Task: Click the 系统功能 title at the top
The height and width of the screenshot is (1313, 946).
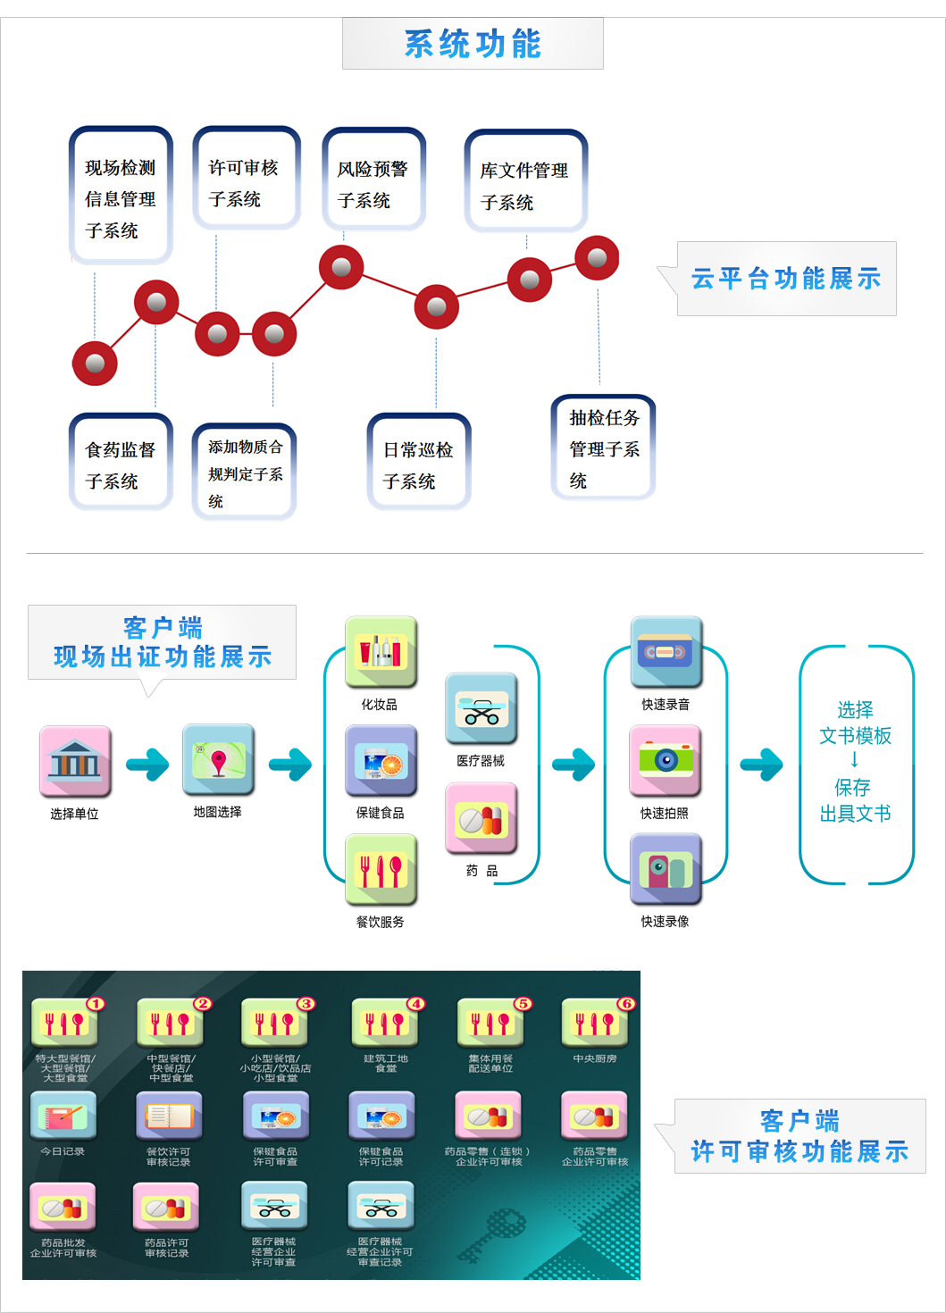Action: [473, 44]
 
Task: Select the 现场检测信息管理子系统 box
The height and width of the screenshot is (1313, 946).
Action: [121, 197]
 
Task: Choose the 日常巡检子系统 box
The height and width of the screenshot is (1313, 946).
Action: [418, 463]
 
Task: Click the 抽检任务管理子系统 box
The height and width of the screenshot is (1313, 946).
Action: [604, 447]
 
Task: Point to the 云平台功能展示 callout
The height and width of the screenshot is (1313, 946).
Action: [786, 279]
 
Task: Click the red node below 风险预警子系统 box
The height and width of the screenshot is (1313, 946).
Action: [341, 267]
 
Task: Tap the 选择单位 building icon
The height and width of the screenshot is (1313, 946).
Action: [75, 761]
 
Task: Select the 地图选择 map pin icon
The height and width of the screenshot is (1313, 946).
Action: [218, 760]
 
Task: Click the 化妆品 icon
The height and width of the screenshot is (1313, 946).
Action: [381, 652]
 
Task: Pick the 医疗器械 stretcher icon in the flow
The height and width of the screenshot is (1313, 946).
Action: [481, 708]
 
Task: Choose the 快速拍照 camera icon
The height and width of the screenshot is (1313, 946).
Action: [666, 760]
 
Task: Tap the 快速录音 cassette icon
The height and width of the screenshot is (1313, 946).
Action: [666, 652]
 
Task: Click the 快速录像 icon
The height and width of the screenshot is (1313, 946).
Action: [666, 869]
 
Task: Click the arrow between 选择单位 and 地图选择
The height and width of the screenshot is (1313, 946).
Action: [147, 764]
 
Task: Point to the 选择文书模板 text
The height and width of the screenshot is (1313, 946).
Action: [855, 723]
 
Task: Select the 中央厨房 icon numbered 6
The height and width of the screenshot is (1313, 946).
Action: [594, 1024]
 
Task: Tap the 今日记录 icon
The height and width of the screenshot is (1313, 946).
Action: [63, 1116]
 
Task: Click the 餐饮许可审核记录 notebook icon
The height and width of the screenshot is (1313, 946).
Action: [168, 1116]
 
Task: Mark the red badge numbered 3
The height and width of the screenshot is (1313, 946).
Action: [306, 1003]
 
